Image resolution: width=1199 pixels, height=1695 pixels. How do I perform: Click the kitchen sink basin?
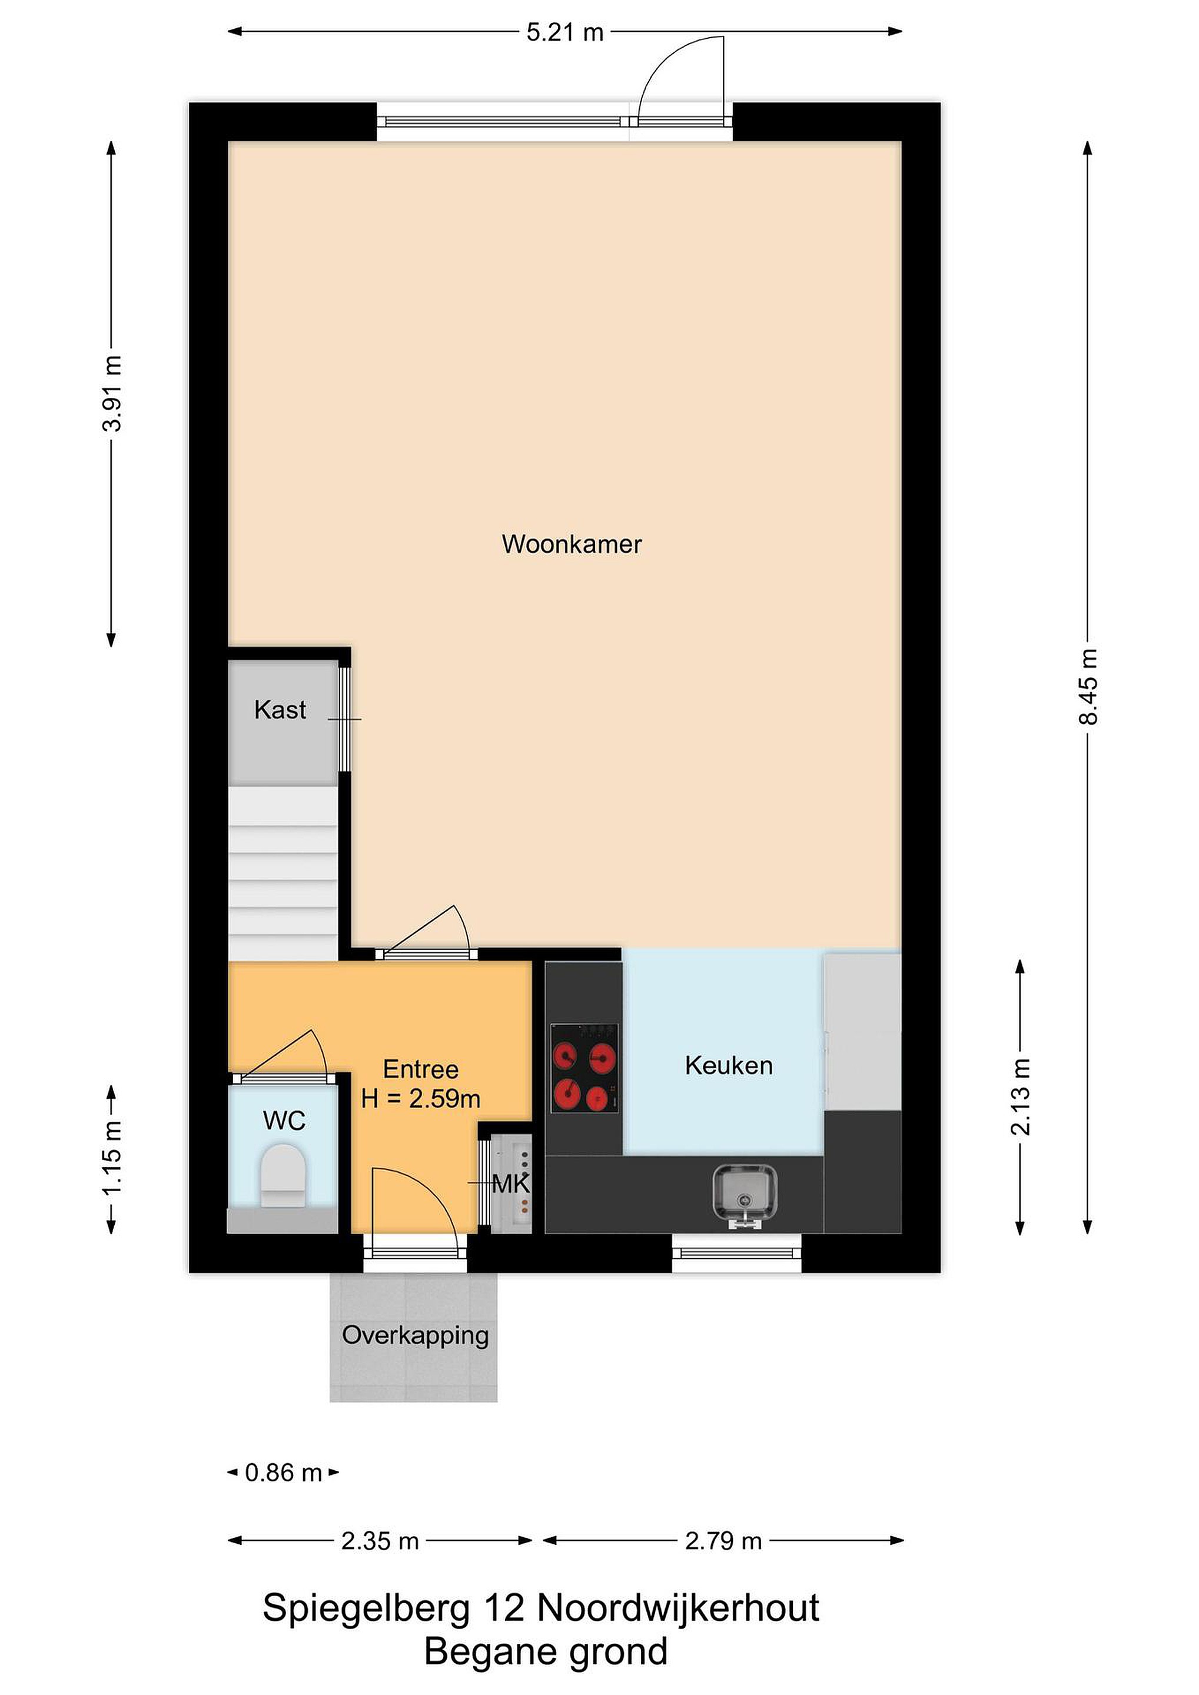point(745,1190)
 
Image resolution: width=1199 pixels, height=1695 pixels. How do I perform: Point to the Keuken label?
point(729,1065)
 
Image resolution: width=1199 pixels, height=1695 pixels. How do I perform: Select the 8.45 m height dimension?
point(1088,687)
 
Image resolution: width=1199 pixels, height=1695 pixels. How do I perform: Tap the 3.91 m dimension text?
point(112,393)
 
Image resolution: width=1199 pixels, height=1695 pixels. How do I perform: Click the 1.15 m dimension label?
point(112,1158)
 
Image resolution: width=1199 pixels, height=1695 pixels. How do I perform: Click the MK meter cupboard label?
point(511,1184)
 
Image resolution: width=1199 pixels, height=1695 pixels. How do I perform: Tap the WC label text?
point(284,1121)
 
